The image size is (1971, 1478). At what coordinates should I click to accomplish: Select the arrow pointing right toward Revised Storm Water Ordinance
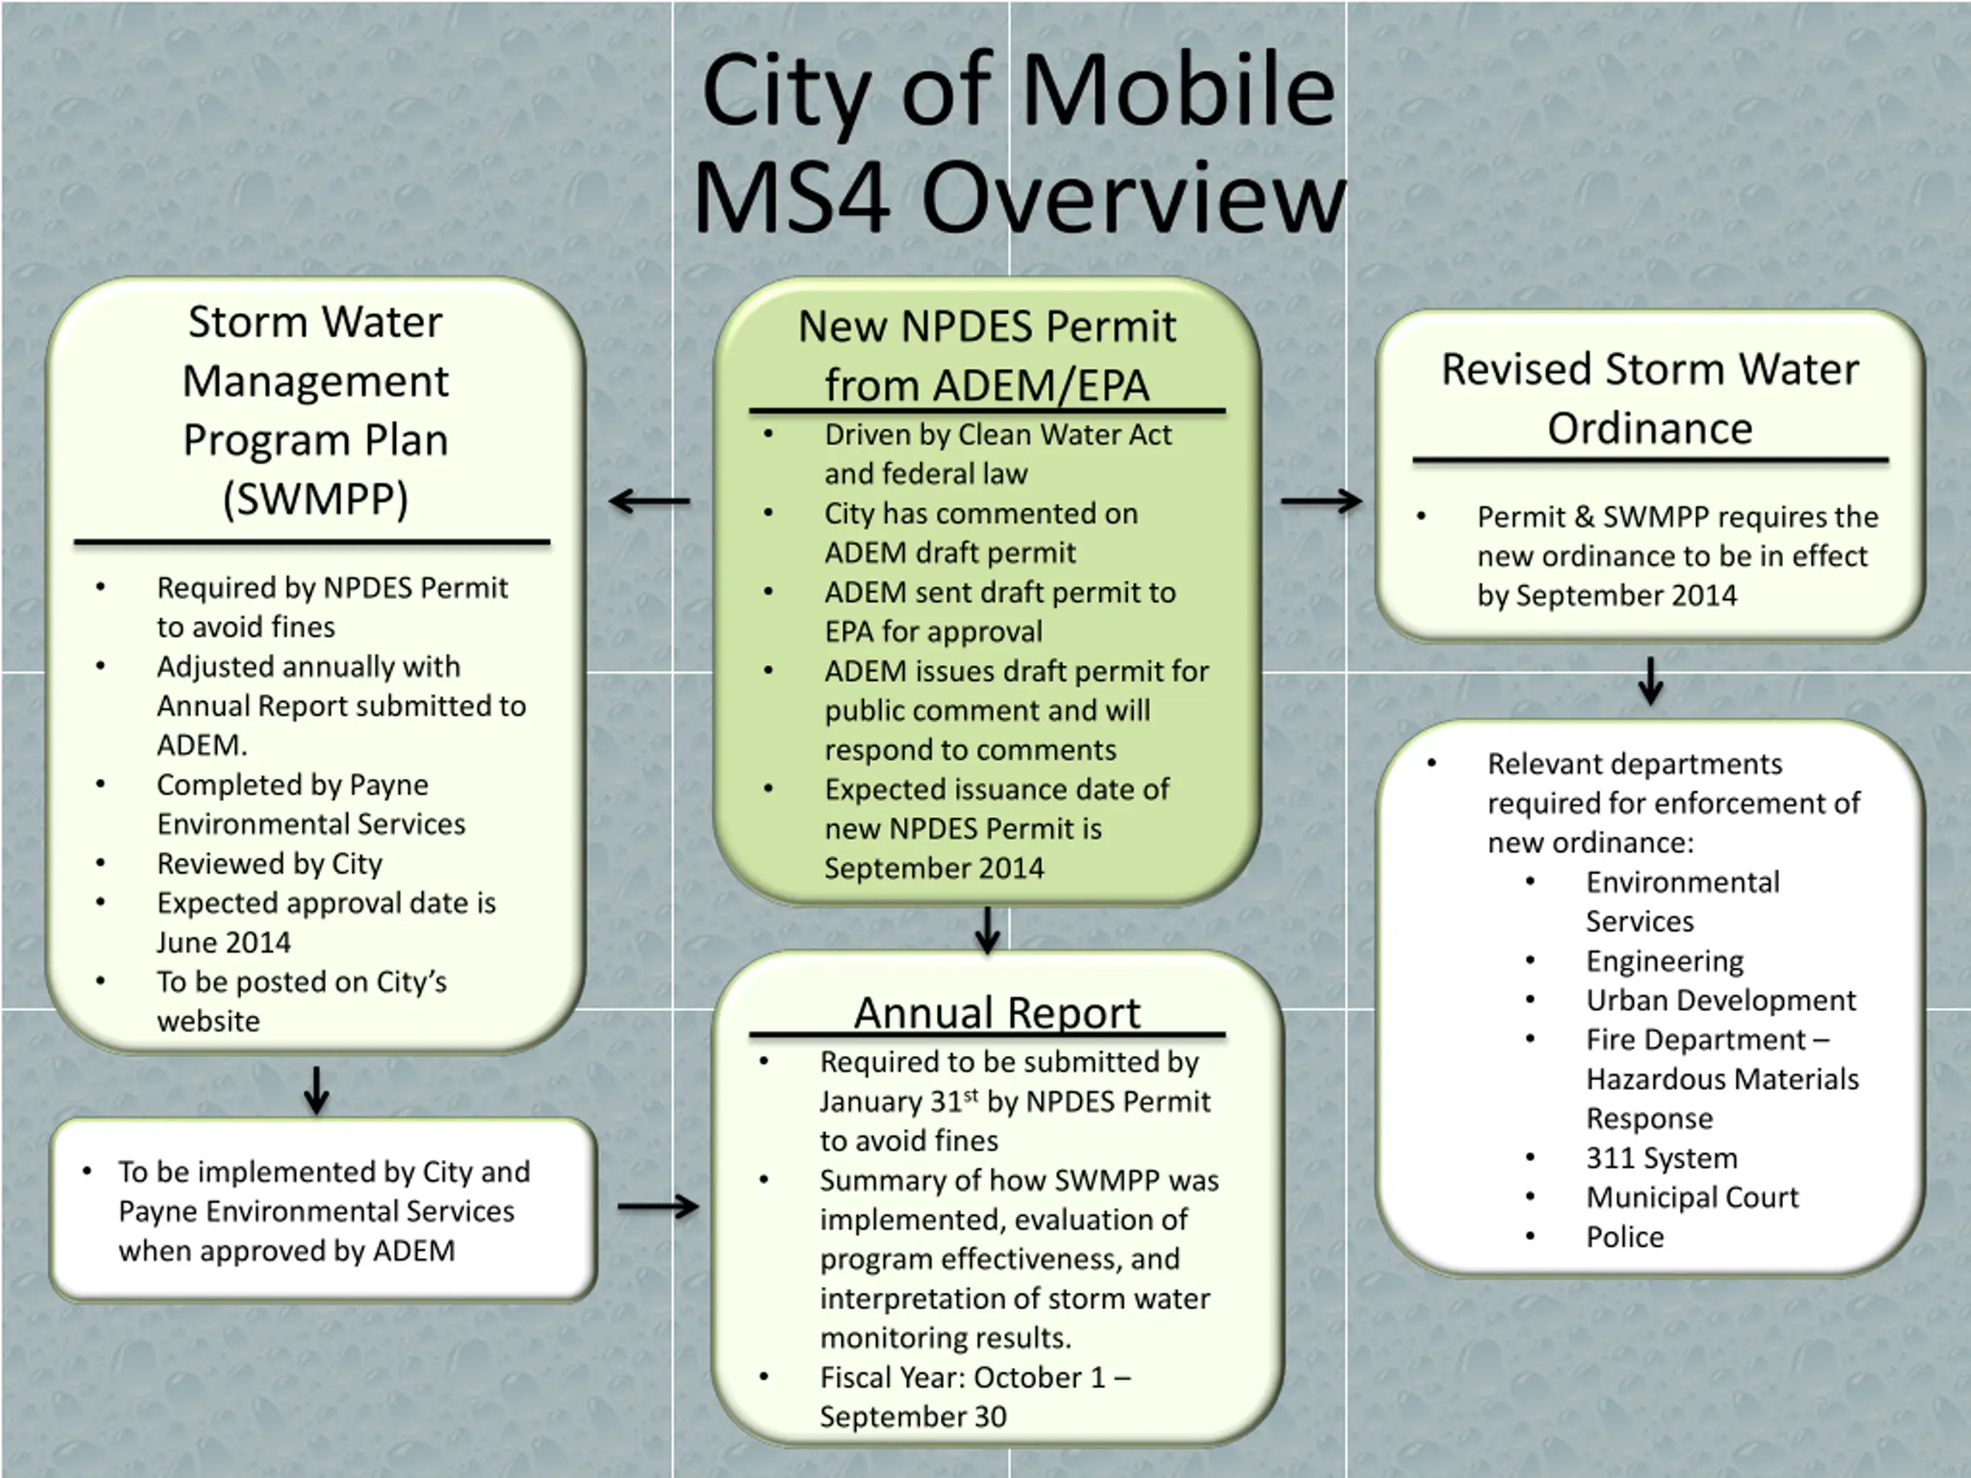pyautogui.click(x=1321, y=502)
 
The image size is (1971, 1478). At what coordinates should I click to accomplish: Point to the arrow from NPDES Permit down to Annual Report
pyautogui.click(x=987, y=930)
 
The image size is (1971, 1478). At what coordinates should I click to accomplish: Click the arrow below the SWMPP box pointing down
pyautogui.click(x=316, y=1089)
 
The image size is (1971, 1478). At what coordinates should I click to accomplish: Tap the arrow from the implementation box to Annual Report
pyautogui.click(x=658, y=1206)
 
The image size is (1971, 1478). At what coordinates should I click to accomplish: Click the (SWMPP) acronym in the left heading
pyautogui.click(x=316, y=499)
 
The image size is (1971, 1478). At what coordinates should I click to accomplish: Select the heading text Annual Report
pyautogui.click(x=997, y=1012)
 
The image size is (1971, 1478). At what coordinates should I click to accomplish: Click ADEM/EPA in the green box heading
pyautogui.click(x=1041, y=386)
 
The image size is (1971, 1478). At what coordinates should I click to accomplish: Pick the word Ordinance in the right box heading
pyautogui.click(x=1650, y=429)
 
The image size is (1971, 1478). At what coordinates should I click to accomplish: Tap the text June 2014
pyautogui.click(x=223, y=942)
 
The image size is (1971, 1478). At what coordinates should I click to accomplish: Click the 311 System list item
pyautogui.click(x=1661, y=1159)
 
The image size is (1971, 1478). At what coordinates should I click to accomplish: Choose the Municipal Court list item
pyautogui.click(x=1692, y=1197)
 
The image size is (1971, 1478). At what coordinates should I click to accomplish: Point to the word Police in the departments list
pyautogui.click(x=1625, y=1236)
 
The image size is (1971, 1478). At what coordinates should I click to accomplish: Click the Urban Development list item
pyautogui.click(x=1721, y=1001)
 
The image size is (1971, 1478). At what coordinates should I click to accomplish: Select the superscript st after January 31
pyautogui.click(x=970, y=1095)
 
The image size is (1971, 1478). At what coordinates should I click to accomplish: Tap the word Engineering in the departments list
pyautogui.click(x=1665, y=961)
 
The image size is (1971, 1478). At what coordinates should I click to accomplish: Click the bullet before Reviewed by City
pyautogui.click(x=101, y=862)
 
